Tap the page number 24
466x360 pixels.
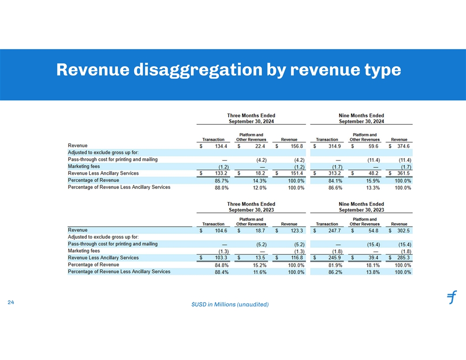pyautogui.click(x=11, y=302)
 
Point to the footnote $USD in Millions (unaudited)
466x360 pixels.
pyautogui.click(x=230, y=304)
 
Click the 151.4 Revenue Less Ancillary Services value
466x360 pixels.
pyautogui.click(x=297, y=173)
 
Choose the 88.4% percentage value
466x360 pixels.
pyautogui.click(x=221, y=272)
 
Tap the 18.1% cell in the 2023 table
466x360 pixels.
pyautogui.click(x=372, y=265)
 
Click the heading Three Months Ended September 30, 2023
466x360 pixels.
pyautogui.click(x=251, y=207)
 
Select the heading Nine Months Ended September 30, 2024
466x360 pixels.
pyautogui.click(x=361, y=118)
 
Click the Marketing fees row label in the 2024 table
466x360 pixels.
pyautogui.click(x=84, y=166)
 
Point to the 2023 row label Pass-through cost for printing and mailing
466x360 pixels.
pyautogui.click(x=113, y=244)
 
